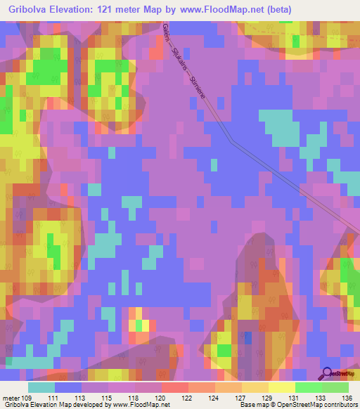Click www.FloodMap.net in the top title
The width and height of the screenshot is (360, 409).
pos(229,10)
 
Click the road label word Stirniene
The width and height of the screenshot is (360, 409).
pos(198,85)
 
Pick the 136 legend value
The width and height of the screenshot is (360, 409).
pos(347,398)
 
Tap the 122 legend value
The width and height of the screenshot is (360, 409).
pos(186,398)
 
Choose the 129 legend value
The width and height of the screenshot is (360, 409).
pos(266,398)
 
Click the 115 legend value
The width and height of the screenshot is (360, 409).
pos(106,398)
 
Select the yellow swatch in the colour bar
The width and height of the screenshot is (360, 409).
pos(281,387)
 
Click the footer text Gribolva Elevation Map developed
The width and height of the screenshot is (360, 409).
pos(49,405)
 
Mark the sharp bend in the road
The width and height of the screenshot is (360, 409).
pos(232,141)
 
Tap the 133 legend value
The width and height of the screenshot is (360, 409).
pos(320,398)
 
